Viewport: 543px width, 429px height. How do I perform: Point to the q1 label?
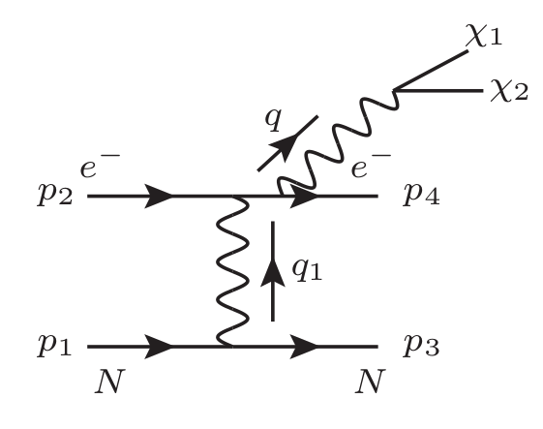pyautogui.click(x=310, y=275)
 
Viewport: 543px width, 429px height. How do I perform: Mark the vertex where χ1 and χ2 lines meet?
pyautogui.click(x=395, y=92)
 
